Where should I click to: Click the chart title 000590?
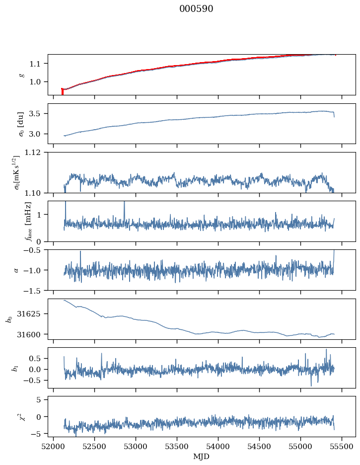click(196, 8)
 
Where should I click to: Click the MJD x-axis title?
click(201, 457)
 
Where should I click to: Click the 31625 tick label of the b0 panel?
click(33, 314)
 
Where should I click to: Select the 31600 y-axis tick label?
click(33, 334)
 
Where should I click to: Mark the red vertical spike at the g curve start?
click(63, 91)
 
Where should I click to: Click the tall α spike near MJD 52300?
click(80, 264)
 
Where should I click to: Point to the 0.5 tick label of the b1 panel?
click(35, 359)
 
